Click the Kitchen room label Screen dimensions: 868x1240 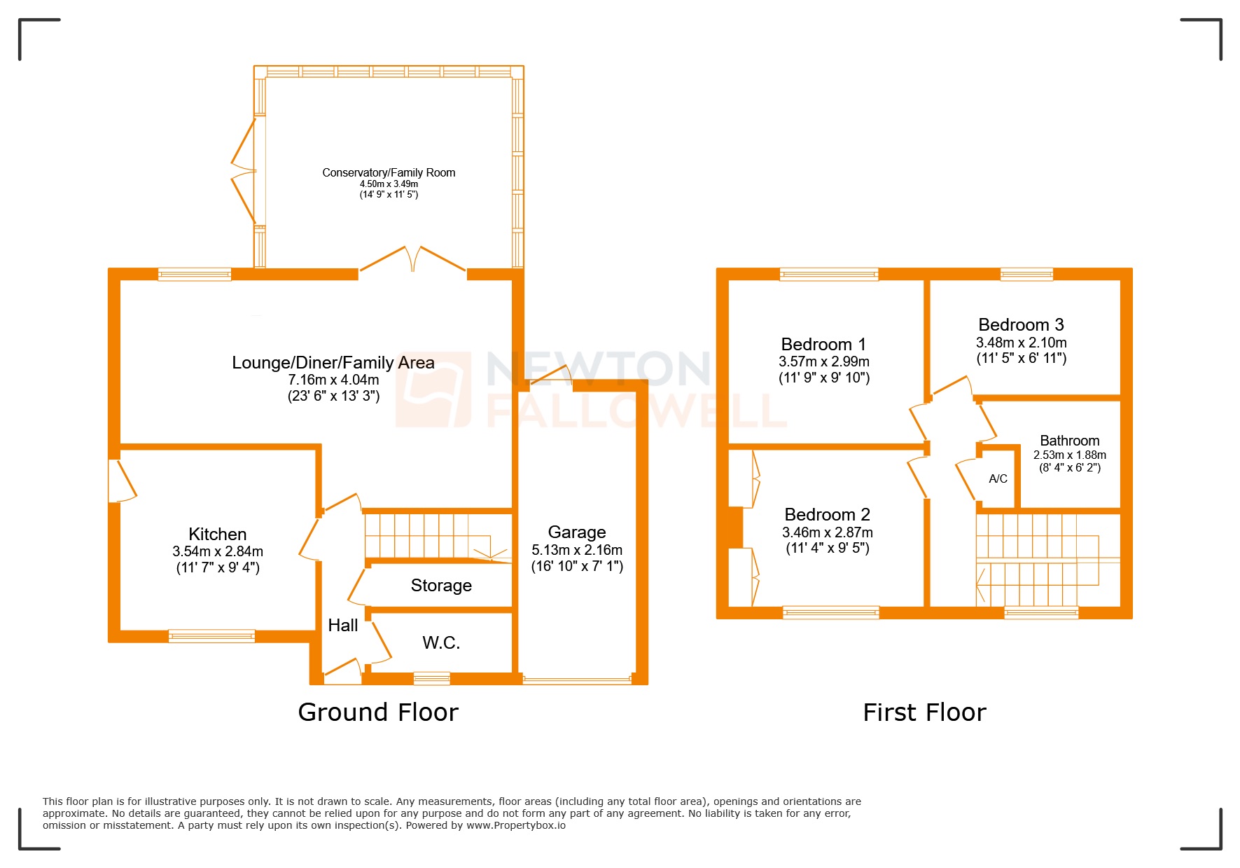217,535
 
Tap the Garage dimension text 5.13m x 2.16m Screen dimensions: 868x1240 576,550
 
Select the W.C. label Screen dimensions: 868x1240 441,643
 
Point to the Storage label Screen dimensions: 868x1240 441,586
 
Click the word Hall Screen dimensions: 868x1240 342,626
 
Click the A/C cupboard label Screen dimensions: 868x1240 998,479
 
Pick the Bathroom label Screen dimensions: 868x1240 1069,441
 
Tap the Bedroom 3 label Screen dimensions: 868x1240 1020,325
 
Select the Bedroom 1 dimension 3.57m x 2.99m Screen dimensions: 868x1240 823,362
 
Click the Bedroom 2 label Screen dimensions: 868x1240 827,515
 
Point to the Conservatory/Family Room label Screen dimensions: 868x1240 389,173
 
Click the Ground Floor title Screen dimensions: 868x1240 378,712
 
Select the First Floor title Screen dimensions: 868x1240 924,712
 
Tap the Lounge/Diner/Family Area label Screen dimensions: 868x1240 333,363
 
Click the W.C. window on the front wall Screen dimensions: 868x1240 431,678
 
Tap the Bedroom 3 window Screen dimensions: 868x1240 1026,275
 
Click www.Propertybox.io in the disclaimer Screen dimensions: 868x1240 516,825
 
